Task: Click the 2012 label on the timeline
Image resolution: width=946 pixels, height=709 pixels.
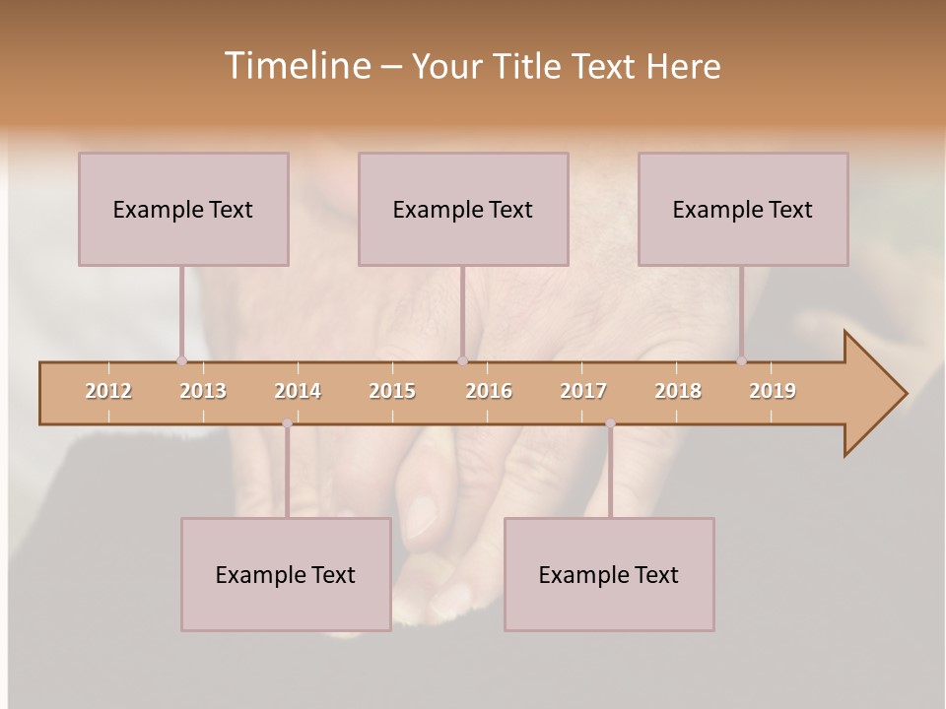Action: (108, 391)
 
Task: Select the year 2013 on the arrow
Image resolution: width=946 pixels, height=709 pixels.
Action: (203, 391)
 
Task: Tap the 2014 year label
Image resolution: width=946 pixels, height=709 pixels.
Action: (298, 391)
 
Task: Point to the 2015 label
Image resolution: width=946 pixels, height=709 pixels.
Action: (392, 391)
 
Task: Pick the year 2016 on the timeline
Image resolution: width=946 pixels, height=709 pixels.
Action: (489, 391)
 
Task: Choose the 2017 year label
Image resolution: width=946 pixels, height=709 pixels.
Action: (583, 391)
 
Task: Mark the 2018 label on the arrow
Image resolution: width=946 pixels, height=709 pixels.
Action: (678, 391)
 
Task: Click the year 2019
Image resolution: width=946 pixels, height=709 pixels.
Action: (773, 391)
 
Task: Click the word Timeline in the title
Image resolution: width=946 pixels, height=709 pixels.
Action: (296, 66)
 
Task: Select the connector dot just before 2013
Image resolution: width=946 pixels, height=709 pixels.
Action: (181, 360)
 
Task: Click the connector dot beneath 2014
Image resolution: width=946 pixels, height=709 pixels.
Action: (287, 423)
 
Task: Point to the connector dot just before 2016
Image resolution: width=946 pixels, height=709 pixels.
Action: (462, 360)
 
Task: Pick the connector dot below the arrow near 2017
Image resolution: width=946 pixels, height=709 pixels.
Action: (610, 423)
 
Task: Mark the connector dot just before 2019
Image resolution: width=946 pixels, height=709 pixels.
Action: (742, 360)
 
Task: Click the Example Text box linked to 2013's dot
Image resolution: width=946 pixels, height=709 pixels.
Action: (183, 209)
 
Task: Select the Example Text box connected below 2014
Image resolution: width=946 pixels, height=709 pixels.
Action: (286, 574)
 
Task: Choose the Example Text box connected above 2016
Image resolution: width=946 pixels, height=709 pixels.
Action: (463, 209)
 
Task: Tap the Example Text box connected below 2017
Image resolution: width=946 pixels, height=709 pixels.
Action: (609, 574)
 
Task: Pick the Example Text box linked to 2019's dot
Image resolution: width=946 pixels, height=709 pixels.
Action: (743, 209)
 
